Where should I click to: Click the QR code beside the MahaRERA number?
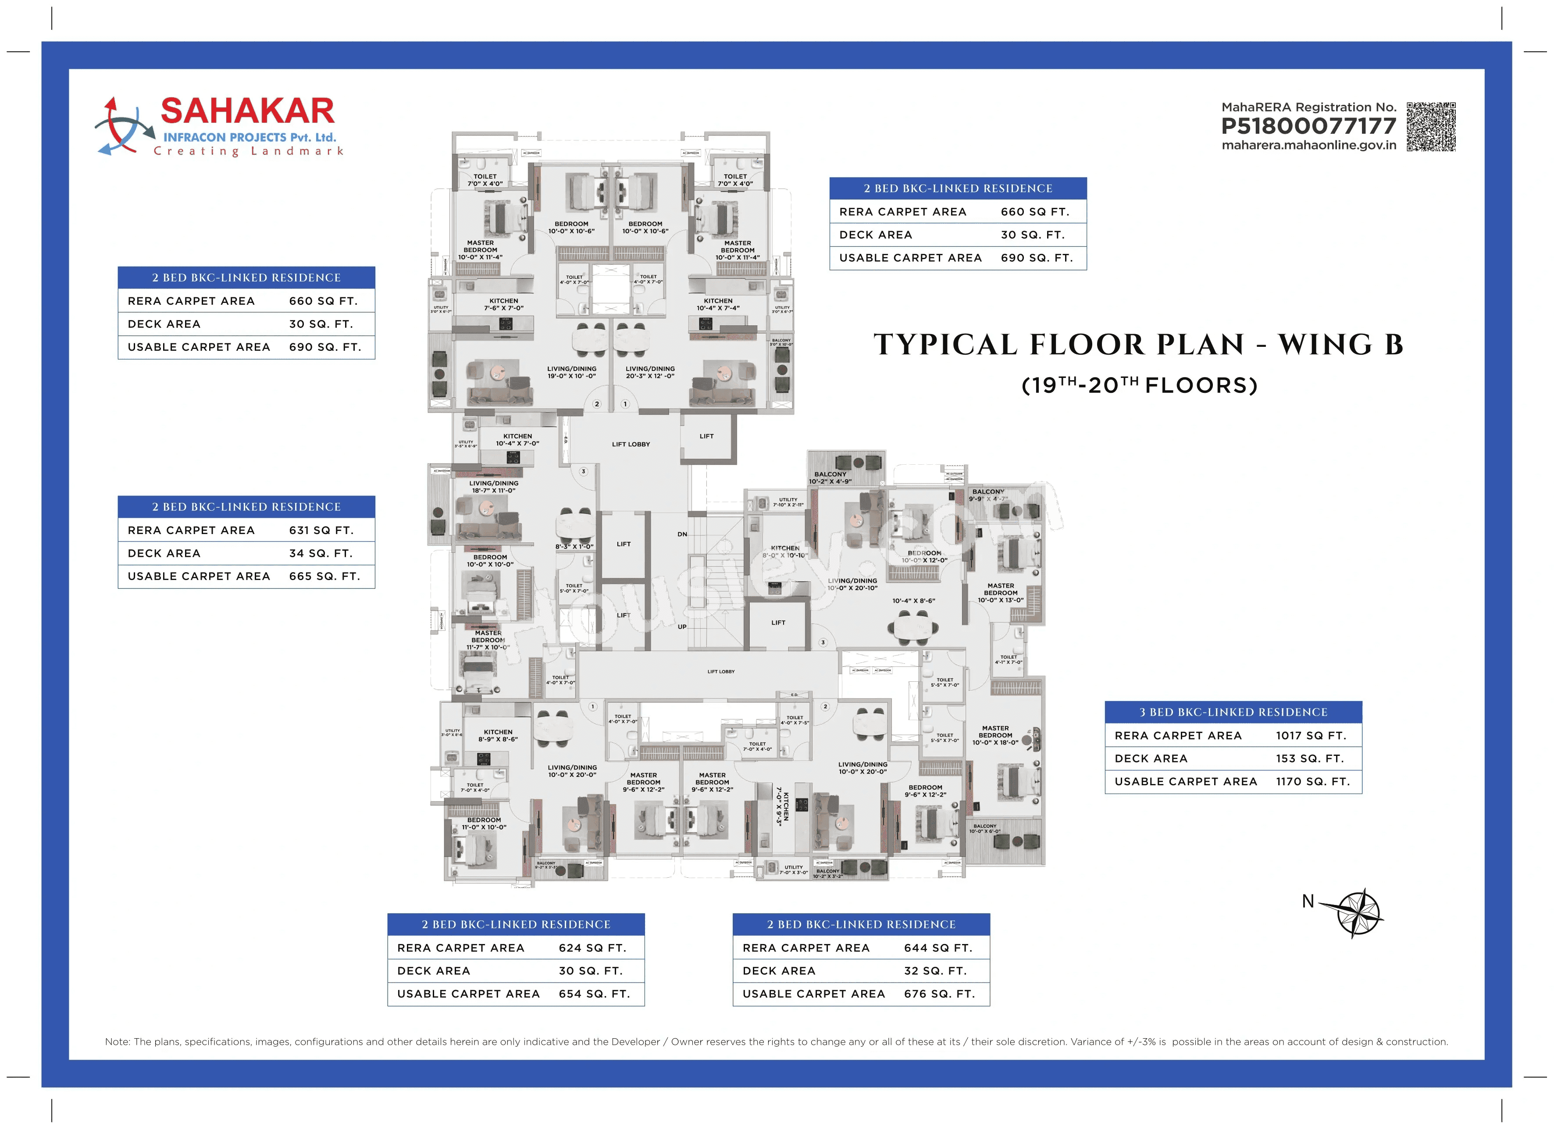[x=1431, y=127]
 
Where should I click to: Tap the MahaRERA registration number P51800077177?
[x=1308, y=126]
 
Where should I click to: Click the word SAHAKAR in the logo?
[x=247, y=111]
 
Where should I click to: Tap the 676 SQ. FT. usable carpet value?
[x=939, y=994]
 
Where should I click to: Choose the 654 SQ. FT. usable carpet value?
[x=593, y=994]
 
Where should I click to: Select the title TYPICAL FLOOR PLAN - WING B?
[x=1138, y=345]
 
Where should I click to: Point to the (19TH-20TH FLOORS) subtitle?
[x=1139, y=385]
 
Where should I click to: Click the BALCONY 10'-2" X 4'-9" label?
[x=830, y=477]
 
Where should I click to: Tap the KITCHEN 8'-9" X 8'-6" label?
[x=498, y=736]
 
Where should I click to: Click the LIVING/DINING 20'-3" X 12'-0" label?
[x=649, y=372]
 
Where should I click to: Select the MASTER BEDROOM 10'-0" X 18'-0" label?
[x=995, y=735]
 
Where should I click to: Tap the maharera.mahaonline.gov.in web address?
[x=1308, y=145]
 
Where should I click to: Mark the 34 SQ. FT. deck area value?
[x=320, y=553]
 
